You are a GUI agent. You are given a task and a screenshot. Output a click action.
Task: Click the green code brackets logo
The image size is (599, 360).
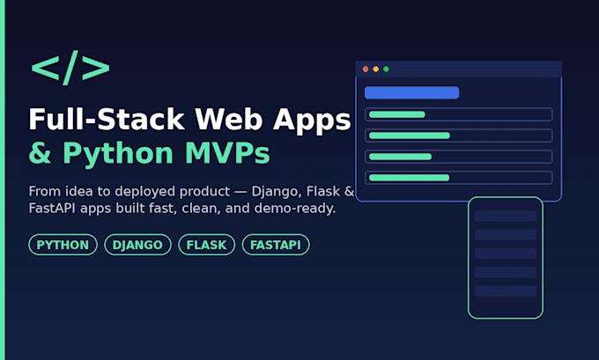tap(70, 68)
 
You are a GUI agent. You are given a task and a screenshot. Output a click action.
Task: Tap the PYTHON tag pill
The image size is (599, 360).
tap(63, 245)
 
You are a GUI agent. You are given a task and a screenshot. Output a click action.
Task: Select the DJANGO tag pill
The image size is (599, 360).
tap(137, 245)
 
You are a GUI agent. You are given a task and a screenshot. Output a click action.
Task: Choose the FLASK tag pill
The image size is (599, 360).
tap(206, 245)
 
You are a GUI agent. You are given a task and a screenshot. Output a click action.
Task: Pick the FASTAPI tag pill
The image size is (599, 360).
tap(276, 245)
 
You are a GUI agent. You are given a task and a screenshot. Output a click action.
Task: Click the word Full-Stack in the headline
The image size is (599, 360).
tap(107, 119)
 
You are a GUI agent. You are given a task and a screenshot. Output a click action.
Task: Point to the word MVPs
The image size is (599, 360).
tap(227, 153)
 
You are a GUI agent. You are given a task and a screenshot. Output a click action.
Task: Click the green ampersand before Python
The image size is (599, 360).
tap(40, 153)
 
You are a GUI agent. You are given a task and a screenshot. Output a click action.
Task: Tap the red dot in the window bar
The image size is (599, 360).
tap(366, 70)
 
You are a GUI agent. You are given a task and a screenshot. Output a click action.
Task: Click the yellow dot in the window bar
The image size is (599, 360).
tap(376, 70)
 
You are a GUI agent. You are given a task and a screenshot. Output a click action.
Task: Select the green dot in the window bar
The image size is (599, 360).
tap(386, 70)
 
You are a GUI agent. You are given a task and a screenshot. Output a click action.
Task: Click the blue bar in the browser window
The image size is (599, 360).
tap(412, 92)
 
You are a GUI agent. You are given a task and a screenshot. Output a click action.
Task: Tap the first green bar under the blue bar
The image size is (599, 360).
tap(397, 114)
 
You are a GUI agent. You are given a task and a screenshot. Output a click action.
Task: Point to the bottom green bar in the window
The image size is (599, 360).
tap(409, 178)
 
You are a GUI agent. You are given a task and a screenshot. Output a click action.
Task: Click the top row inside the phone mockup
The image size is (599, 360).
tap(506, 216)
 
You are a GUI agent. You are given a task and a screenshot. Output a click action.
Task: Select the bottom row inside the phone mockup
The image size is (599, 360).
tap(506, 290)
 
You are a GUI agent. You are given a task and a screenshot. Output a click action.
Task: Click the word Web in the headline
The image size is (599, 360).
tap(229, 119)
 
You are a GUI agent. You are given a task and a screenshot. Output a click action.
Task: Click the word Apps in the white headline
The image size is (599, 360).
tap(312, 120)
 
